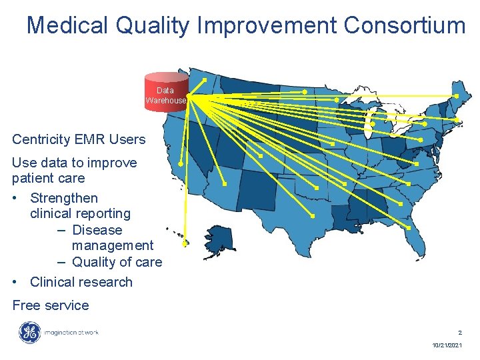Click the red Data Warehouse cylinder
pyautogui.click(x=166, y=93)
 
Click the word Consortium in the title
pyautogui.click(x=405, y=25)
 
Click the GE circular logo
pyautogui.click(x=29, y=333)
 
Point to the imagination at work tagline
pyautogui.click(x=71, y=333)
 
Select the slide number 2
pyautogui.click(x=459, y=332)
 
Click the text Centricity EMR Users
pyautogui.click(x=79, y=139)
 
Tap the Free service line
pyautogui.click(x=51, y=305)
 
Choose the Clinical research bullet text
pyautogui.click(x=81, y=282)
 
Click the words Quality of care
pyautogui.click(x=117, y=262)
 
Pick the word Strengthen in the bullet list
pyautogui.click(x=64, y=198)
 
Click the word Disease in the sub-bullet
pyautogui.click(x=97, y=230)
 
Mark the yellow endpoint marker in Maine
pyautogui.click(x=457, y=96)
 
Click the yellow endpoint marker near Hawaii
pyautogui.click(x=185, y=243)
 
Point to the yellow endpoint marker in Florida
pyautogui.click(x=407, y=227)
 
